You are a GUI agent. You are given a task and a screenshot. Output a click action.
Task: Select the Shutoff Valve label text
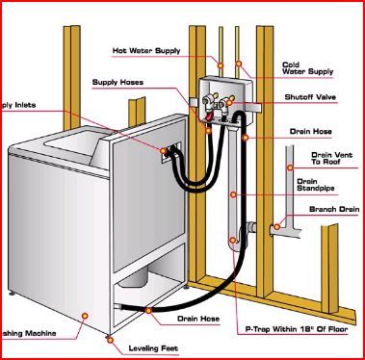(x=310, y=98)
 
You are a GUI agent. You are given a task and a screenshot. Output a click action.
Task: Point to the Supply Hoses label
(x=117, y=82)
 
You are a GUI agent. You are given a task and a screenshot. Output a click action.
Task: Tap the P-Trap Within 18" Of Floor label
(x=294, y=329)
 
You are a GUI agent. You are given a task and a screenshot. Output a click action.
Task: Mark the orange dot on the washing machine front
(x=86, y=314)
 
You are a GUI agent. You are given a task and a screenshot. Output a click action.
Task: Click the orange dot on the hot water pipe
(x=221, y=64)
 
